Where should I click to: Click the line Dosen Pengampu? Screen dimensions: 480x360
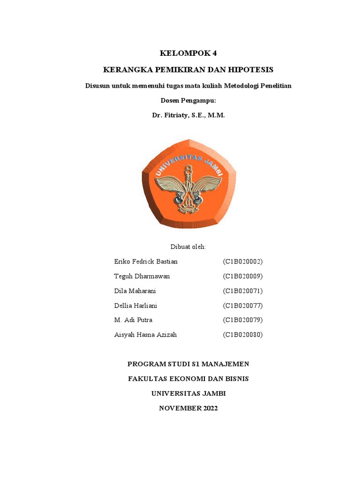click(188, 100)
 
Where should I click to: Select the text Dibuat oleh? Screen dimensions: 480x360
click(188, 247)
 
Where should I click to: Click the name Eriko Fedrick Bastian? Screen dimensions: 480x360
click(146, 261)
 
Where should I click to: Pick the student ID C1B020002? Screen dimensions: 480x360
click(243, 261)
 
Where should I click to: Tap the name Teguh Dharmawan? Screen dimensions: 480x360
click(142, 276)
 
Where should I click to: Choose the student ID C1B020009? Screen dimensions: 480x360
click(243, 276)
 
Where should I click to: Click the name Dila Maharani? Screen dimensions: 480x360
click(135, 291)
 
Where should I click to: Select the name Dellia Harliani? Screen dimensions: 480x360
click(135, 305)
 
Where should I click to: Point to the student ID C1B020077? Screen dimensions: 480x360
click(243, 305)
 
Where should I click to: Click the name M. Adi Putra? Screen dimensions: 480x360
click(133, 320)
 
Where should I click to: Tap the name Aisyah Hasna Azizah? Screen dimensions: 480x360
click(145, 335)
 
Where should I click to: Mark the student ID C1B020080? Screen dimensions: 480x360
click(243, 335)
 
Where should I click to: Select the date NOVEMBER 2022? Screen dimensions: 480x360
click(188, 408)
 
